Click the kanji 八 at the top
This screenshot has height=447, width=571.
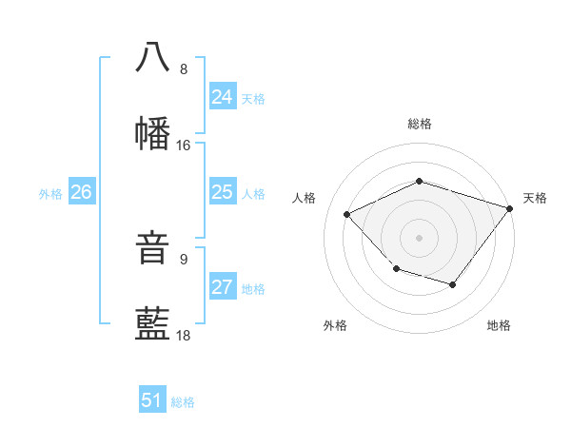pos(153,56)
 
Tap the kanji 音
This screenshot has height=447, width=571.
pos(153,248)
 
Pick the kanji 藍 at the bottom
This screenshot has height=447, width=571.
pos(153,324)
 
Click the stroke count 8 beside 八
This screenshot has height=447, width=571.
pos(184,69)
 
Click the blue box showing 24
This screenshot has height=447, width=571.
pos(223,97)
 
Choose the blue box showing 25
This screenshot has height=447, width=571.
pos(223,193)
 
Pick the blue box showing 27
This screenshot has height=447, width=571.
pos(223,288)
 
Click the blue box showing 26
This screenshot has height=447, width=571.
pos(82,193)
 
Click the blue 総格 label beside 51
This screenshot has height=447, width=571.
pos(183,402)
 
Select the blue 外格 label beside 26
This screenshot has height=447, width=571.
pos(50,194)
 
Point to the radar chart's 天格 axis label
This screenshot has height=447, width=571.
pos(535,198)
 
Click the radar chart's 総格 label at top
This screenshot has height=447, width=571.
pos(420,124)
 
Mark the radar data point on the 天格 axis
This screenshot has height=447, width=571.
pos(510,208)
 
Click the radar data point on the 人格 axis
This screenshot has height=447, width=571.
pos(347,215)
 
